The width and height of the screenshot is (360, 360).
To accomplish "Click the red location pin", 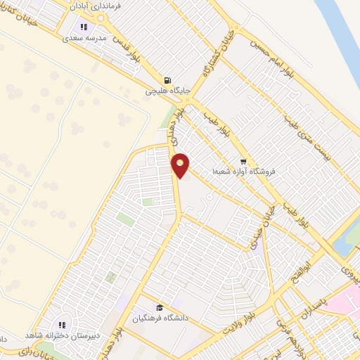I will (181, 165).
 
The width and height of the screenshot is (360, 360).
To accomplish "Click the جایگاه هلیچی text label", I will (167, 91).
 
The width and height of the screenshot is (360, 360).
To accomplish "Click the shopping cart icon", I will (243, 160).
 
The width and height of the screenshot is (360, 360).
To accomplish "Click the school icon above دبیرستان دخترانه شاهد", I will (62, 324).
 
